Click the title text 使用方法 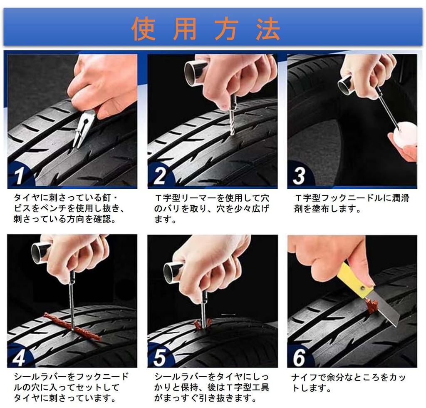(206, 28)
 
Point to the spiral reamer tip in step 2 (231, 123)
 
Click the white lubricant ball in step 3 (405, 133)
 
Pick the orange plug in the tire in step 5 (203, 323)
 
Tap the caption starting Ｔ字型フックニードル (352, 203)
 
